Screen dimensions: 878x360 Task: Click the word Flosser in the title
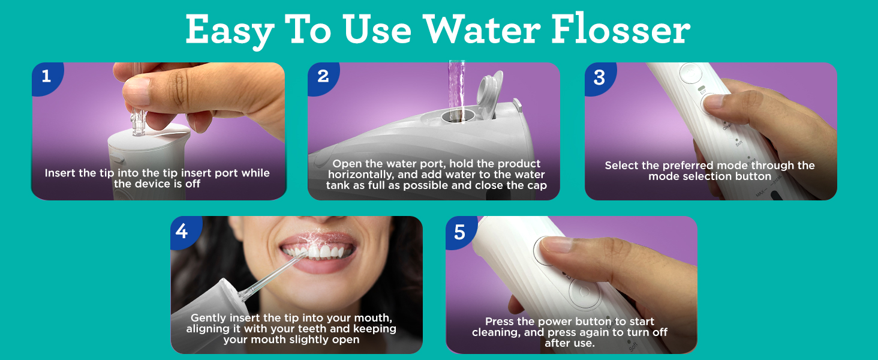click(621, 29)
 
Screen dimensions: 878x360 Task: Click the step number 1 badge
click(47, 77)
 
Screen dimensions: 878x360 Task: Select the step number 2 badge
click(323, 77)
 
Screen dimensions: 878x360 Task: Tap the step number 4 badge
click(182, 232)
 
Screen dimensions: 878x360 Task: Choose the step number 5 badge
click(460, 232)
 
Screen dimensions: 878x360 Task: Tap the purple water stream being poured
click(456, 90)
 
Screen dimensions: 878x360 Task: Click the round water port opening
click(458, 116)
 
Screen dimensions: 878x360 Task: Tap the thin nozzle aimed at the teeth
click(270, 277)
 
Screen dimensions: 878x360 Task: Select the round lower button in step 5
click(584, 293)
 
